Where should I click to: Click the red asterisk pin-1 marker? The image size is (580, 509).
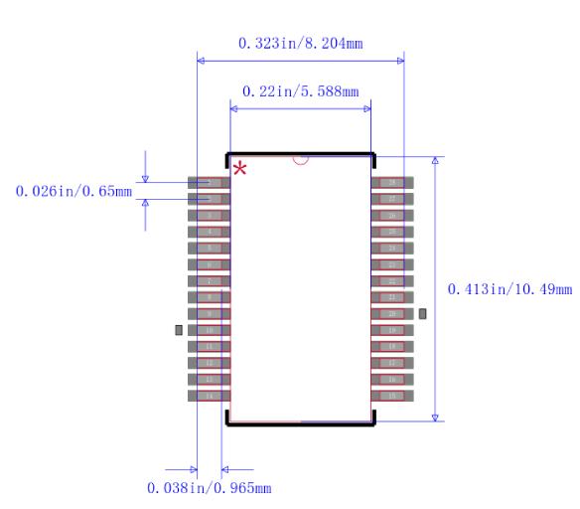(239, 169)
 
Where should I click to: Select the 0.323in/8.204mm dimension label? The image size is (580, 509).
(299, 45)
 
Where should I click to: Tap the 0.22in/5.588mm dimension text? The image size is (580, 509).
(299, 90)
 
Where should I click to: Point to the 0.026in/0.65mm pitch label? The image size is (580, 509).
(73, 190)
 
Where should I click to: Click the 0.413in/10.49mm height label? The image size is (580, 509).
(509, 289)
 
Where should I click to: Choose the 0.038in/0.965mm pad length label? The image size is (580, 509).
(209, 488)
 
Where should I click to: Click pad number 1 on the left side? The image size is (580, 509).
(210, 183)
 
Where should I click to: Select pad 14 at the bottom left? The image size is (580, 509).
(210, 396)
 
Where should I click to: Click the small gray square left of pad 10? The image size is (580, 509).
(179, 329)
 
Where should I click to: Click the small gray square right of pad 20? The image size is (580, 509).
(423, 313)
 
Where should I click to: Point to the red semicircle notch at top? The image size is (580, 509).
(301, 159)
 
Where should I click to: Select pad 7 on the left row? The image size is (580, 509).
(210, 281)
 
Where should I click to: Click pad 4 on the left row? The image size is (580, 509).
(210, 232)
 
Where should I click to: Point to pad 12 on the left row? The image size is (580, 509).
(210, 363)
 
